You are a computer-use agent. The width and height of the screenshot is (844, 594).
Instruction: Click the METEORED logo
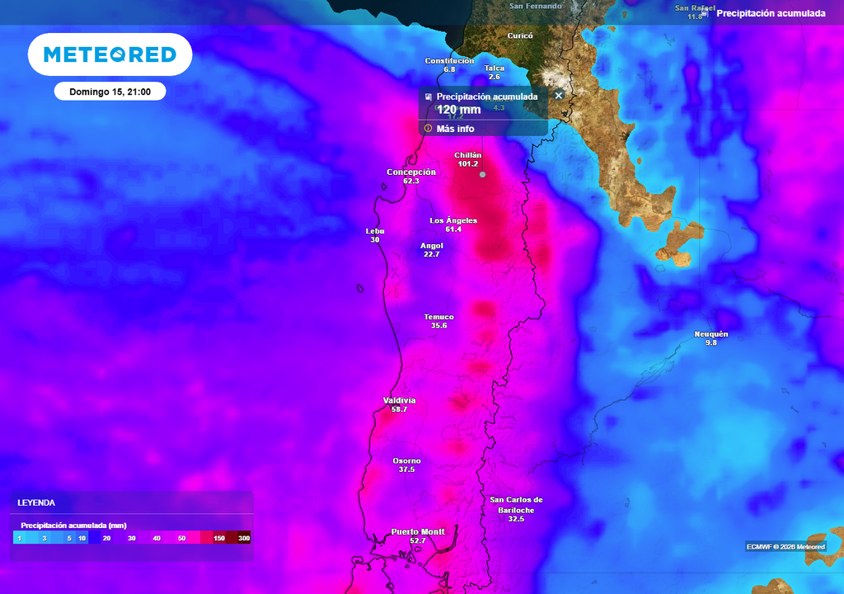[110, 54]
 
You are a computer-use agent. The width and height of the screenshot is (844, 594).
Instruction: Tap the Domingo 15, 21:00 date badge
[110, 92]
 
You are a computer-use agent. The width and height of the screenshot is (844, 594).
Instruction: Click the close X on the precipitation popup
[558, 96]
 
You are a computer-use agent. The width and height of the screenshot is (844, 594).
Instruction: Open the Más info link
[455, 129]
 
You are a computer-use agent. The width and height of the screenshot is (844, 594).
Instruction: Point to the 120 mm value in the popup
[458, 110]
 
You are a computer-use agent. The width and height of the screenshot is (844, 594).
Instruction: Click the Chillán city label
[467, 155]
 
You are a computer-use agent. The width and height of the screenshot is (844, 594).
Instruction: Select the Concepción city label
[410, 172]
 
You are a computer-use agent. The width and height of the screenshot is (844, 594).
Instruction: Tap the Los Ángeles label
[453, 220]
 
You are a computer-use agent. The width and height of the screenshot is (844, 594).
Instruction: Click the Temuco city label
[438, 317]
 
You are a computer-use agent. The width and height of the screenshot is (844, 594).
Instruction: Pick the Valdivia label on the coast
[400, 400]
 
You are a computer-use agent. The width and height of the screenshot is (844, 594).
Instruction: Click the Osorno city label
[406, 460]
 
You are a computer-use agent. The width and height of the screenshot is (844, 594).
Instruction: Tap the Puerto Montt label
[418, 531]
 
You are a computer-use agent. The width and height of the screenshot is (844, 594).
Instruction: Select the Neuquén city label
[710, 333]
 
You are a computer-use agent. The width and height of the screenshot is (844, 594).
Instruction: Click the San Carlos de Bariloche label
[516, 504]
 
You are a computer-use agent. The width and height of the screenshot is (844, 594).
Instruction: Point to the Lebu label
[375, 231]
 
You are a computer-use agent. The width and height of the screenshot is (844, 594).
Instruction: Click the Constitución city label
[449, 60]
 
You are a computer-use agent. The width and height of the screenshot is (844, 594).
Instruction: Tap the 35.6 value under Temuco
[438, 326]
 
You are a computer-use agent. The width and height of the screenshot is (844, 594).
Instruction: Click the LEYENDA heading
[36, 502]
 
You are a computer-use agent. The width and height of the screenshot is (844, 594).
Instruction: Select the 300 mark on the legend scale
[244, 538]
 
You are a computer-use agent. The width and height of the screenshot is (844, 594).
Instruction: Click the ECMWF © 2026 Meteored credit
[785, 546]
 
